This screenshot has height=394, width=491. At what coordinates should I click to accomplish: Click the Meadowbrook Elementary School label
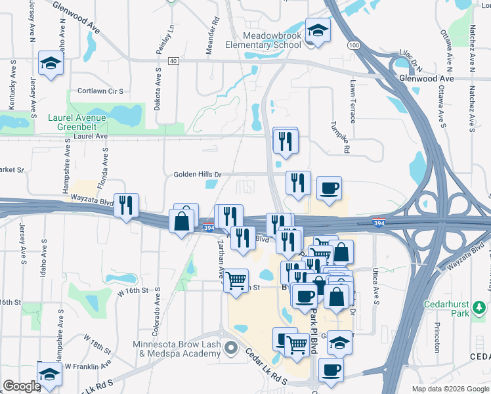click(x=272, y=39)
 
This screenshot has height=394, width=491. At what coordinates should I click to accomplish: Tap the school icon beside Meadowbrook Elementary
click(x=318, y=30)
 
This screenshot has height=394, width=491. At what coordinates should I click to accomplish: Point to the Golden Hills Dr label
click(x=198, y=175)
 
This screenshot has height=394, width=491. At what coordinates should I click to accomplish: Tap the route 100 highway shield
click(x=354, y=45)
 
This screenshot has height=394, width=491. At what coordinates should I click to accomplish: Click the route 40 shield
click(x=173, y=60)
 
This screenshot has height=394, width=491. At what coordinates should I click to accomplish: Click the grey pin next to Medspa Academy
click(x=229, y=347)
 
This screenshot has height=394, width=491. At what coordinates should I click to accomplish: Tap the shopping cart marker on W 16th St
click(x=236, y=281)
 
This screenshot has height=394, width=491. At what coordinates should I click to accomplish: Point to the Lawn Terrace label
click(x=353, y=102)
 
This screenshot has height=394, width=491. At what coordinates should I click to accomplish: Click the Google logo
click(x=22, y=386)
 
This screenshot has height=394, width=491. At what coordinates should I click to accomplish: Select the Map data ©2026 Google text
click(x=450, y=389)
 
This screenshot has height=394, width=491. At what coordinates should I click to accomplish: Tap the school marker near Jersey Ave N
click(x=50, y=64)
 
